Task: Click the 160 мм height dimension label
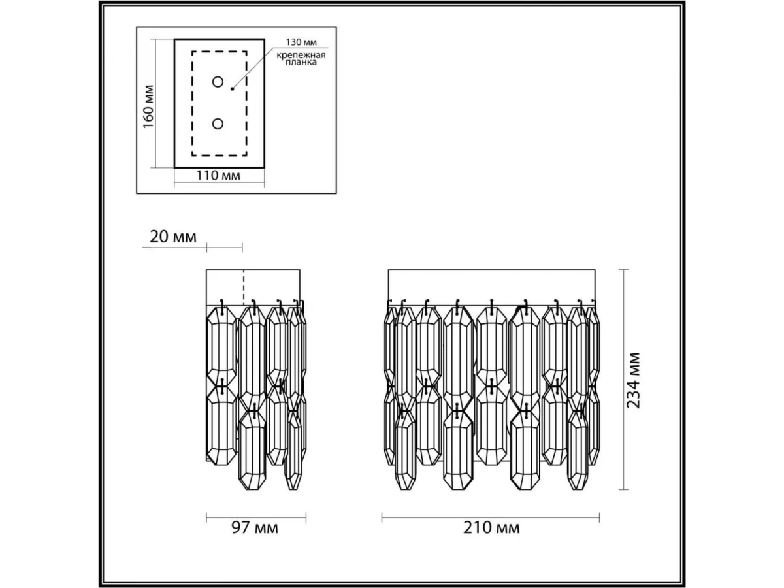click(x=148, y=106)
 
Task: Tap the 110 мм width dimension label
click(x=218, y=175)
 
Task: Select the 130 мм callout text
click(x=301, y=42)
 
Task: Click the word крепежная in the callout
click(x=301, y=56)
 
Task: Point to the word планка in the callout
click(x=301, y=63)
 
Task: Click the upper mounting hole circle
click(x=218, y=82)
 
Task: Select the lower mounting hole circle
click(x=218, y=124)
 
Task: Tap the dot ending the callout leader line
click(x=232, y=89)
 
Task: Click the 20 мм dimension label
click(x=173, y=237)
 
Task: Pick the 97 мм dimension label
click(x=255, y=528)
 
